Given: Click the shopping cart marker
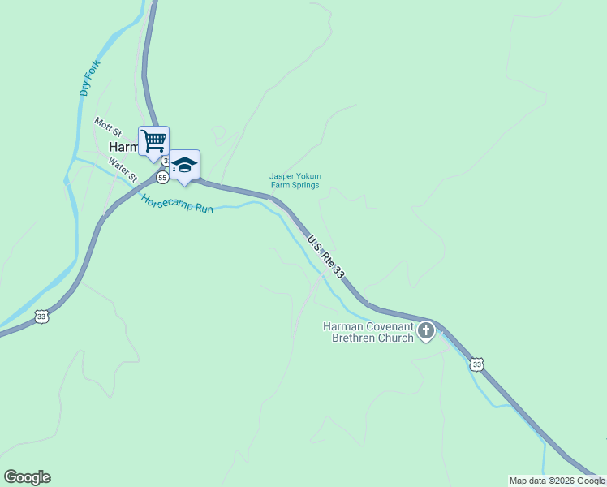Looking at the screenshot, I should coord(153,141).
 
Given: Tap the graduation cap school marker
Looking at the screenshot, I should coord(184,165).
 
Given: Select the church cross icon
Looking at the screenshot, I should coord(426,330).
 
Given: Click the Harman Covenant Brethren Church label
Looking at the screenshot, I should coord(368,332).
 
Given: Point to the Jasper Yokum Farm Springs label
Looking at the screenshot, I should coord(295,180).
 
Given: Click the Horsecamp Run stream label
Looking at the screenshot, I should coord(176,202).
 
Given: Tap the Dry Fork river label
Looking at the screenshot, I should coord(89,79).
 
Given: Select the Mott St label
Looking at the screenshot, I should coord(107,126).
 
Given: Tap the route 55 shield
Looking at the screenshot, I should coord(163,178).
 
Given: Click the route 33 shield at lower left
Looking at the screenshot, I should coord(41,317).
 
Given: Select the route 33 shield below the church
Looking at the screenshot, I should coord(476,365).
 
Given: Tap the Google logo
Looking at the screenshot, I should coord(27,477).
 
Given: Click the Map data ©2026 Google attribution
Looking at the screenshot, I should coord(557,481).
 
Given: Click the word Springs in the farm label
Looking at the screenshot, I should coord(306,185).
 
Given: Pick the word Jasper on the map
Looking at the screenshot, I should coord(281,175).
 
